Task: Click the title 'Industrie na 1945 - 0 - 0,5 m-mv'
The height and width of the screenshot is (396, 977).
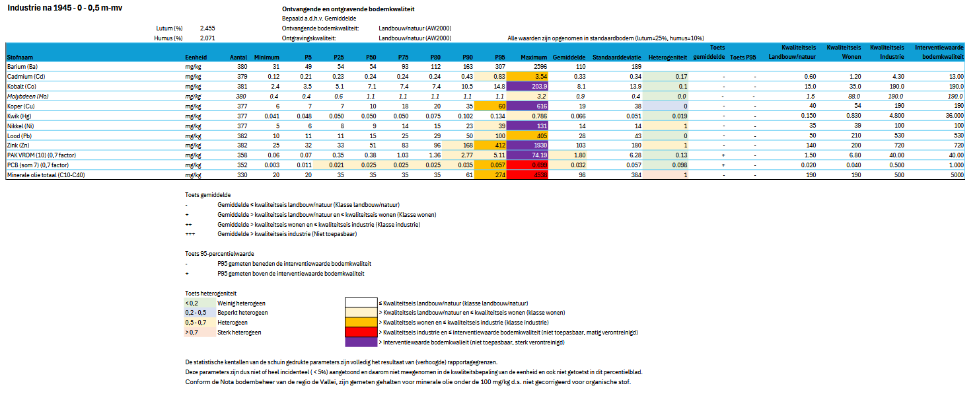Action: [65, 7]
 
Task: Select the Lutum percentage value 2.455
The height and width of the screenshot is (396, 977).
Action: [207, 28]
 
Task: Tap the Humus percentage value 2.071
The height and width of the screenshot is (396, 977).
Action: [207, 38]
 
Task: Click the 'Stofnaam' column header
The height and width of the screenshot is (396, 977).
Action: [20, 58]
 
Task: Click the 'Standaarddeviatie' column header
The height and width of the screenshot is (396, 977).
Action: [617, 58]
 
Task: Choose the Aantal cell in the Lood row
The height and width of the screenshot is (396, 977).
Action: [240, 136]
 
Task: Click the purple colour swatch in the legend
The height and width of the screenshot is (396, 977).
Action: [360, 342]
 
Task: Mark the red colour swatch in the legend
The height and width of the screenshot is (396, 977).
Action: [360, 332]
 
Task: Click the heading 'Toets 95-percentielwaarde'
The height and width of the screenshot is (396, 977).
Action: [219, 253]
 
